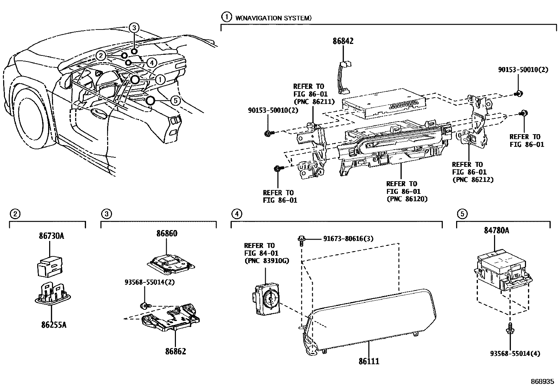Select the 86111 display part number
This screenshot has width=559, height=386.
[x=368, y=361]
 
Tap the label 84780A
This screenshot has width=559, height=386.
[x=494, y=230]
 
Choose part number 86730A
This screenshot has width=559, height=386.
[x=51, y=236]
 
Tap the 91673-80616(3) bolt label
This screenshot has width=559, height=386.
[x=348, y=239]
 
